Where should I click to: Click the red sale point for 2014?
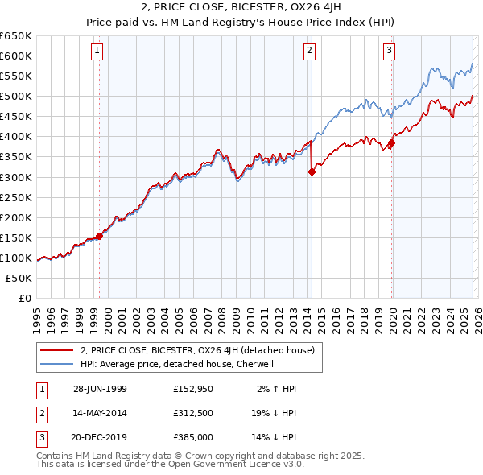coord(311,171)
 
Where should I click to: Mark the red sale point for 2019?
coord(391,143)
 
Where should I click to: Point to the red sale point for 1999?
coord(100,236)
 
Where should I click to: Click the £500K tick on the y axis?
coord(16,96)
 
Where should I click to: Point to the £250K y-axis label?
coord(16,197)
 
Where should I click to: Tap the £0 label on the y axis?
coord(23,298)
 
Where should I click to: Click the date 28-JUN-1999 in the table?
coord(100,389)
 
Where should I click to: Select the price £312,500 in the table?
coord(193,413)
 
